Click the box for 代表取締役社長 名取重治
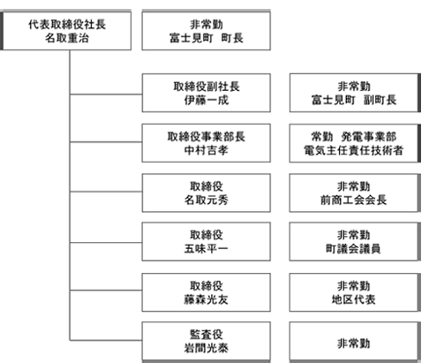point(66,31)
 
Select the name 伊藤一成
point(207,100)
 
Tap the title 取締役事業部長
point(207,137)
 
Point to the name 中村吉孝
point(207,150)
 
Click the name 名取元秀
point(207,200)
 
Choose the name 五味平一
point(207,249)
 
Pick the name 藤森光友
point(207,299)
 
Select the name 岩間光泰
point(207,348)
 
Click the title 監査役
point(207,335)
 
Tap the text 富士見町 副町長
point(354,100)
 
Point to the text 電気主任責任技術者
point(353,150)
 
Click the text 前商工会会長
point(353,200)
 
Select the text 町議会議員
point(353,249)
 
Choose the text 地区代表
point(353,299)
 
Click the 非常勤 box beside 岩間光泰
point(355,341)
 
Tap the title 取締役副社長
point(207,87)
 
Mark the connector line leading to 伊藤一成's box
point(106,95)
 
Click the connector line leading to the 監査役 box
point(106,340)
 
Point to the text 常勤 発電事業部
point(353,137)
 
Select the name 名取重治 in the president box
point(67,38)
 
